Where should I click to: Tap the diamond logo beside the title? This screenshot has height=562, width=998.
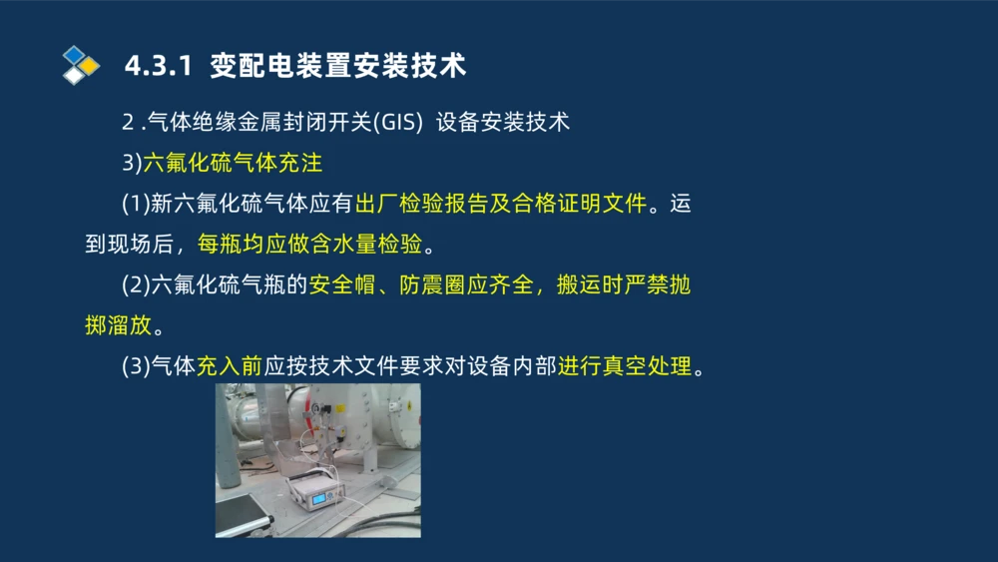pyautogui.click(x=81, y=65)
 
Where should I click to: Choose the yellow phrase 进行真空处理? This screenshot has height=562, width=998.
pyautogui.click(x=625, y=366)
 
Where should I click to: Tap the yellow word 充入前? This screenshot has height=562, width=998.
pyautogui.click(x=229, y=366)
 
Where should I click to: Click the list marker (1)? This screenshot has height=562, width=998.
pyautogui.click(x=136, y=205)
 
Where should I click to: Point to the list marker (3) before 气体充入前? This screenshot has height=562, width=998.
pyautogui.click(x=136, y=366)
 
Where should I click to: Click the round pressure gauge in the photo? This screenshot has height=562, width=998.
pyautogui.click(x=315, y=409)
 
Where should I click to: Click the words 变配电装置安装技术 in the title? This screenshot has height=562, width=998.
pyautogui.click(x=338, y=66)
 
